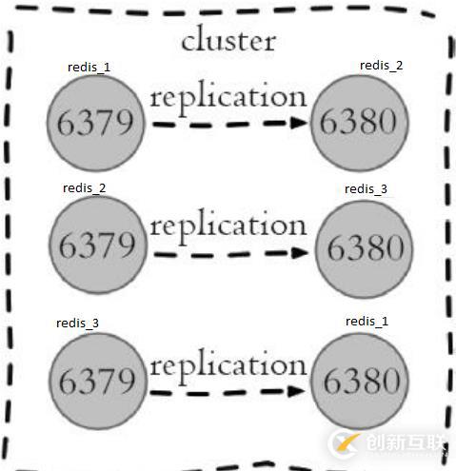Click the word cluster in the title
[228, 40]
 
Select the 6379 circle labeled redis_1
[96, 123]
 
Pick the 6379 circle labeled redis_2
[96, 245]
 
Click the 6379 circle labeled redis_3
[96, 381]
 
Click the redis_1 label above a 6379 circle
[89, 67]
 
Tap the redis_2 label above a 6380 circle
[381, 65]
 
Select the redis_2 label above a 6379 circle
[85, 187]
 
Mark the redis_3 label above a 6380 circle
[366, 189]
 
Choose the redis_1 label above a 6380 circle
[367, 322]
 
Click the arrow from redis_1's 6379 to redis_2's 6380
[228, 123]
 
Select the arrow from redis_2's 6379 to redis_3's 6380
[228, 254]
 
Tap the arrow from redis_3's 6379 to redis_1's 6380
[228, 389]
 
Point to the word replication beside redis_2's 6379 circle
[228, 226]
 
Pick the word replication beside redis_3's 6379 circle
[228, 364]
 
